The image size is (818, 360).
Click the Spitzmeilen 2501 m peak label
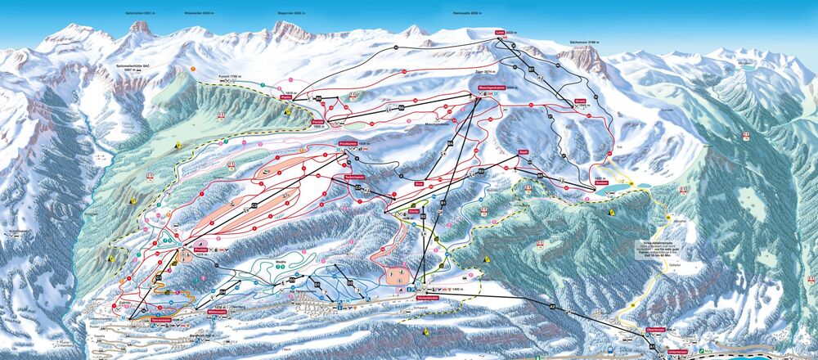coord(138,14)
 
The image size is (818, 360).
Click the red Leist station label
coord(501,34)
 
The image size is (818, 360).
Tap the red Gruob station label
coord(580,101)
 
